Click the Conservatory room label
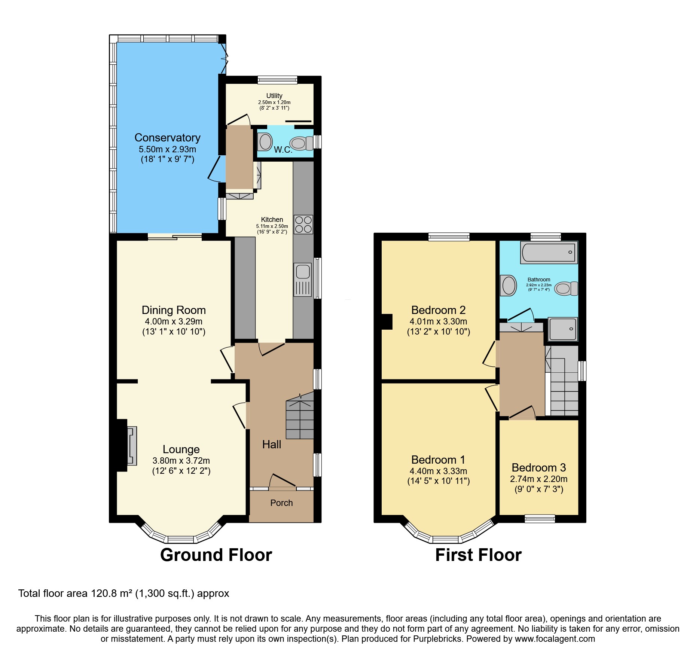coord(167,138)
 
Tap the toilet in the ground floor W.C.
coord(300,143)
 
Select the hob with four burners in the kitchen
coord(303,225)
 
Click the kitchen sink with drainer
coord(303,280)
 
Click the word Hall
coord(271,445)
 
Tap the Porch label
coord(281,503)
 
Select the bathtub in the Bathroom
coord(549,252)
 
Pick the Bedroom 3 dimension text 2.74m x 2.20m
coord(538,479)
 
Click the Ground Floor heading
coord(216,555)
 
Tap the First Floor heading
coord(478,555)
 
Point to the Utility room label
coord(274,96)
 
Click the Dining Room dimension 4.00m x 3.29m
coord(174,321)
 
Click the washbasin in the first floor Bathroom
coord(509,286)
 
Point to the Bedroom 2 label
coord(438,310)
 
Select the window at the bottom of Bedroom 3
coord(540,519)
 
